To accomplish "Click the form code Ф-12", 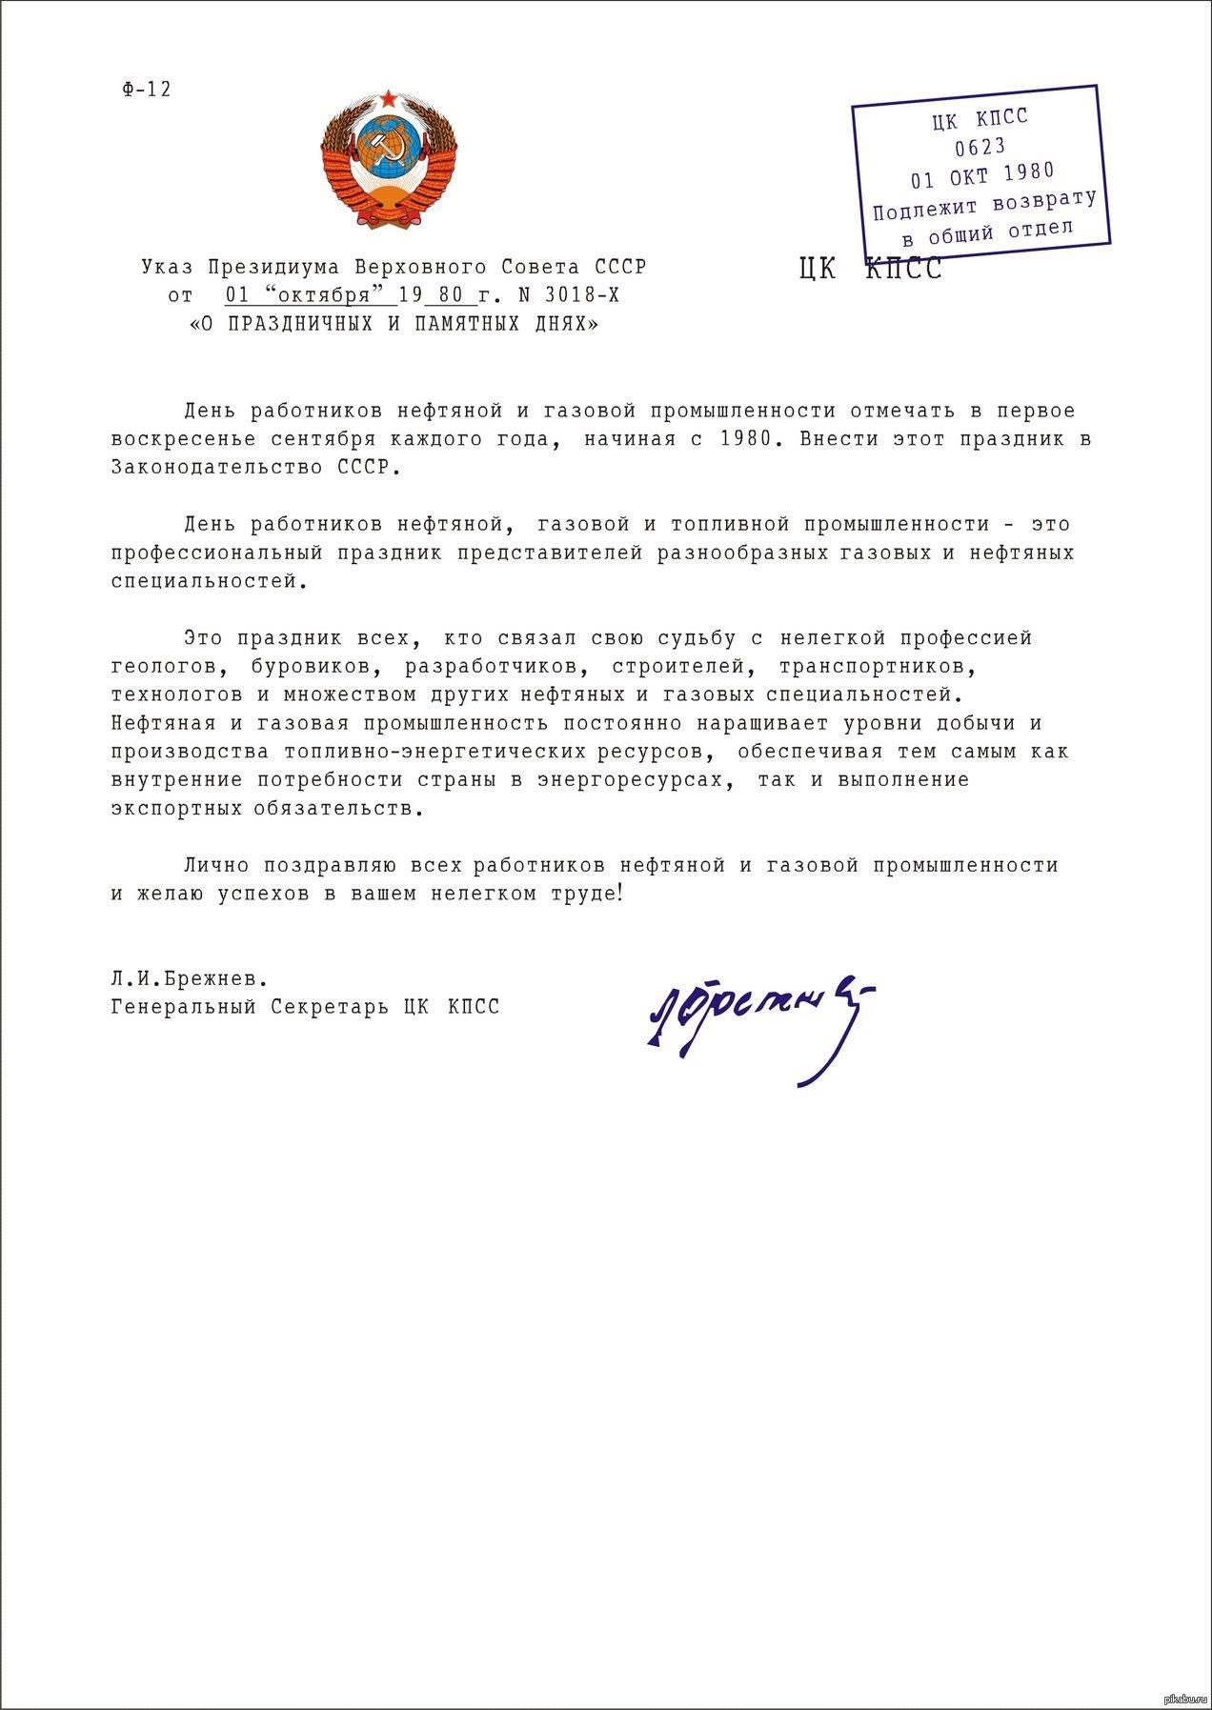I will tap(147, 90).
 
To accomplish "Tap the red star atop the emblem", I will tap(388, 99).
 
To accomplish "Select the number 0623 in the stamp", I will tap(980, 147).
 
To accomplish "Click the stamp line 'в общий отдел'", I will tap(987, 231).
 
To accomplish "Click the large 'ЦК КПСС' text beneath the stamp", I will tap(871, 270).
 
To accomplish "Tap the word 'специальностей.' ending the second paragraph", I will tap(210, 581).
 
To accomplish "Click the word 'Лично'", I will tap(215, 866).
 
